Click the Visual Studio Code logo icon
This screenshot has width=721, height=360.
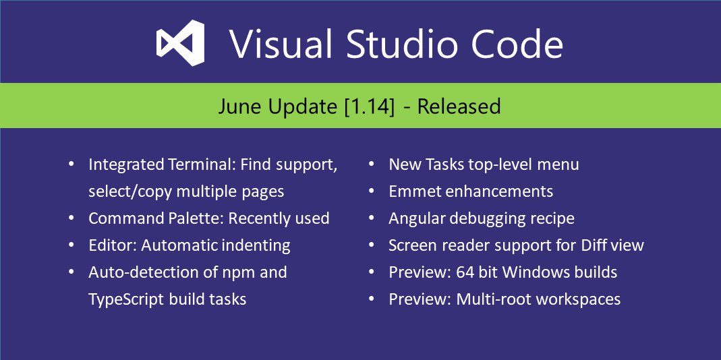pos(180,42)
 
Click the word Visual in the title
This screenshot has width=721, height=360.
pos(281,44)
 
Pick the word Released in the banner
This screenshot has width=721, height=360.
pos(459,107)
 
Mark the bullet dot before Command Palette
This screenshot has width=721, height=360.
pos(71,218)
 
